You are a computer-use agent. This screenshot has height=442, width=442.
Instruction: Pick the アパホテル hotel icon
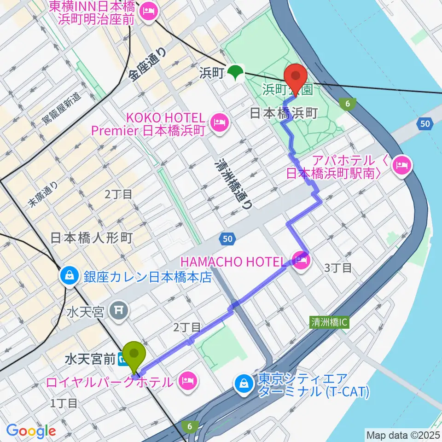click(x=402, y=165)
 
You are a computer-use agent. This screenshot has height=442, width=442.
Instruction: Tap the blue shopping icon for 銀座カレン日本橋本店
click(x=68, y=277)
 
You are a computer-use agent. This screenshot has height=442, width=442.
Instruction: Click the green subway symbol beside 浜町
click(x=236, y=73)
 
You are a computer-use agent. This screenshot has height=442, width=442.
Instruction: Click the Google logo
click(x=31, y=430)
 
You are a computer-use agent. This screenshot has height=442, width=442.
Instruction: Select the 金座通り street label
click(x=147, y=67)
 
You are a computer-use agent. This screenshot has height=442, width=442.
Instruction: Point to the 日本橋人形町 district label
click(x=91, y=238)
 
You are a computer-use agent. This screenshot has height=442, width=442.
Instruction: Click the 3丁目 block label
click(x=338, y=268)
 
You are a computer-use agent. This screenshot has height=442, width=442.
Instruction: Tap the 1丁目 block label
click(x=64, y=403)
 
